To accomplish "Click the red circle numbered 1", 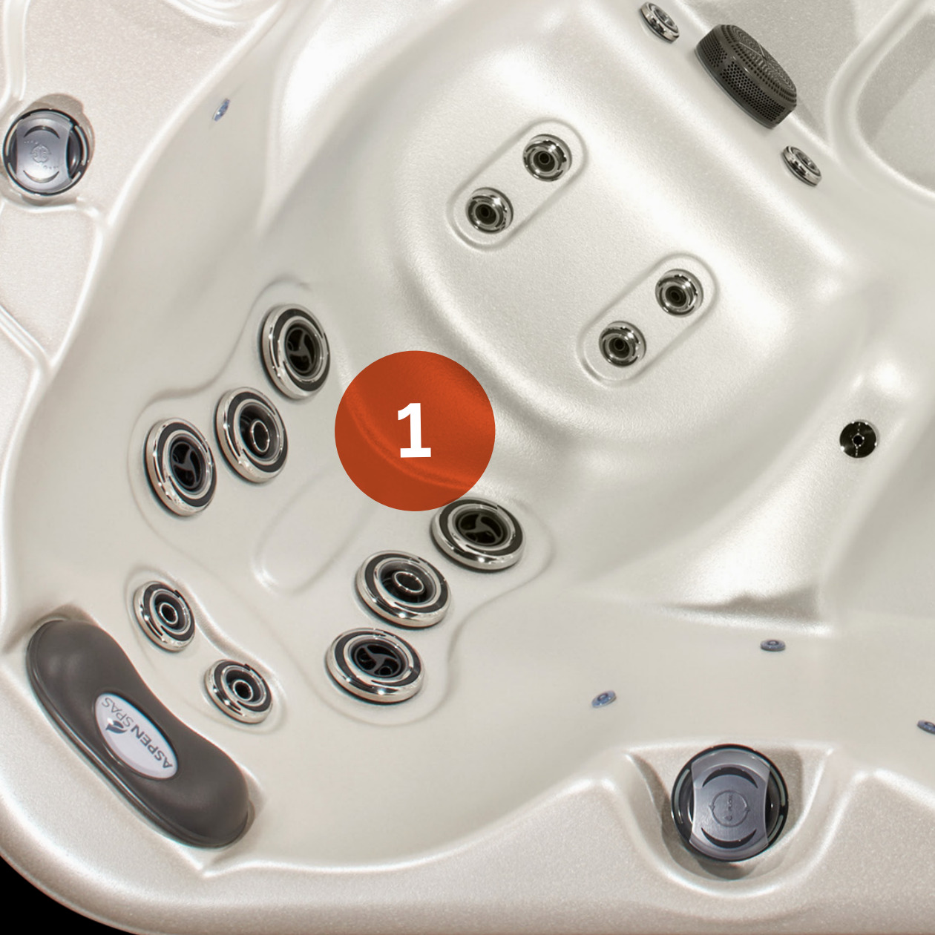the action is click(x=415, y=431).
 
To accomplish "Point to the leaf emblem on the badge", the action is click(x=116, y=738).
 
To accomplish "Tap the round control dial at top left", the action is click(x=47, y=152).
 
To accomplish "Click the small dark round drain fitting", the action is click(x=859, y=439).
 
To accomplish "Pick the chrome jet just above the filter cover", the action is click(x=660, y=22).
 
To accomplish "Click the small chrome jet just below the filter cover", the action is click(x=801, y=165).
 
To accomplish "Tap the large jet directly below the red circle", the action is click(x=478, y=534).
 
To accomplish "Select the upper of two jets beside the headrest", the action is click(x=165, y=616).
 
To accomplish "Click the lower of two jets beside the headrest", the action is click(x=238, y=691).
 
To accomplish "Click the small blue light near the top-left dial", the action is click(x=222, y=109).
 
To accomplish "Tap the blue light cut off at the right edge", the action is click(x=926, y=726).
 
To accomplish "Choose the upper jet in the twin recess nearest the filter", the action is click(x=548, y=157).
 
